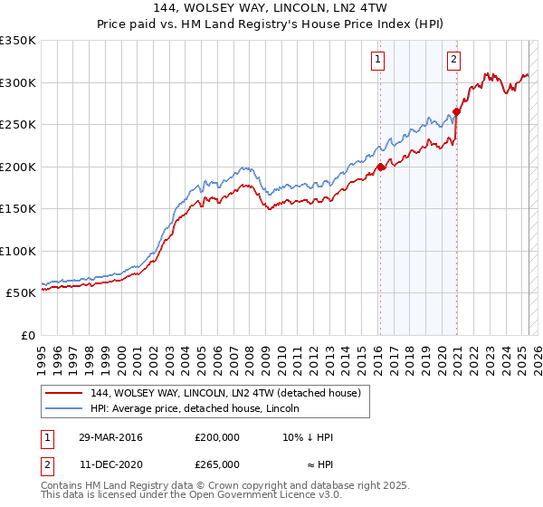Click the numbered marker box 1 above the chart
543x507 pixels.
[x=376, y=61]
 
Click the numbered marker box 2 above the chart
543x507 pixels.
[x=452, y=61]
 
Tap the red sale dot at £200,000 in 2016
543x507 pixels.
[x=381, y=167]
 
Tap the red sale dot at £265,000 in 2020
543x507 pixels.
[x=457, y=112]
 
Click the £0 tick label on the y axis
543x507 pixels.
[x=27, y=335]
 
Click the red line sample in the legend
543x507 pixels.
[x=64, y=392]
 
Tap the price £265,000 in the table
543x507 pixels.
[x=217, y=464]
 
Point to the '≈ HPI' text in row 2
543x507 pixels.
[x=317, y=464]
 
